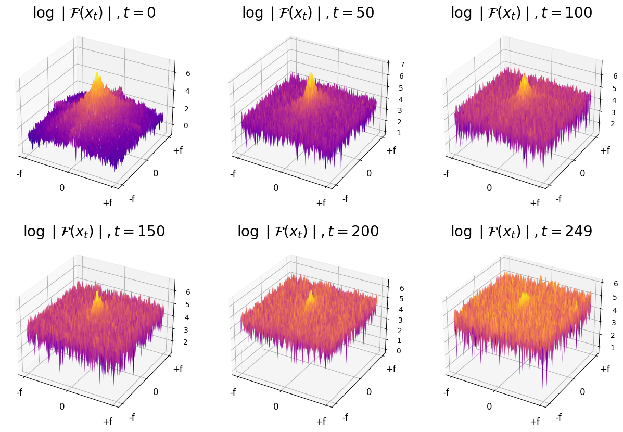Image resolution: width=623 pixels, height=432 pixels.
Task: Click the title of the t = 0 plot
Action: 94,13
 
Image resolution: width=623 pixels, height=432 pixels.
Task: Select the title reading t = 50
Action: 308,13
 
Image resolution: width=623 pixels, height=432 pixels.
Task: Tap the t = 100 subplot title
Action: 522,13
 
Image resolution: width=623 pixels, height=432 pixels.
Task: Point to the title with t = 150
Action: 94,232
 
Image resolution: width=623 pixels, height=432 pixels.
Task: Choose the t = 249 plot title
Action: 522,232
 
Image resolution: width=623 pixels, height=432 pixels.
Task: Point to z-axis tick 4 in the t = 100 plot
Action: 600,100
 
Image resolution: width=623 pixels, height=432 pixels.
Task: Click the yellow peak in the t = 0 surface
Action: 97,78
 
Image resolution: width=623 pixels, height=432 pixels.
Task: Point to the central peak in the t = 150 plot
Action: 97,297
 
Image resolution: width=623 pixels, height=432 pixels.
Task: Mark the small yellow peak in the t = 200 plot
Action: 311,296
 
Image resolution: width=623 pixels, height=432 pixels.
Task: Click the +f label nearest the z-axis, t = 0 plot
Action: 178,150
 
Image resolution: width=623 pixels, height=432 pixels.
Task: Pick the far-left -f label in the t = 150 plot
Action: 19,392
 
